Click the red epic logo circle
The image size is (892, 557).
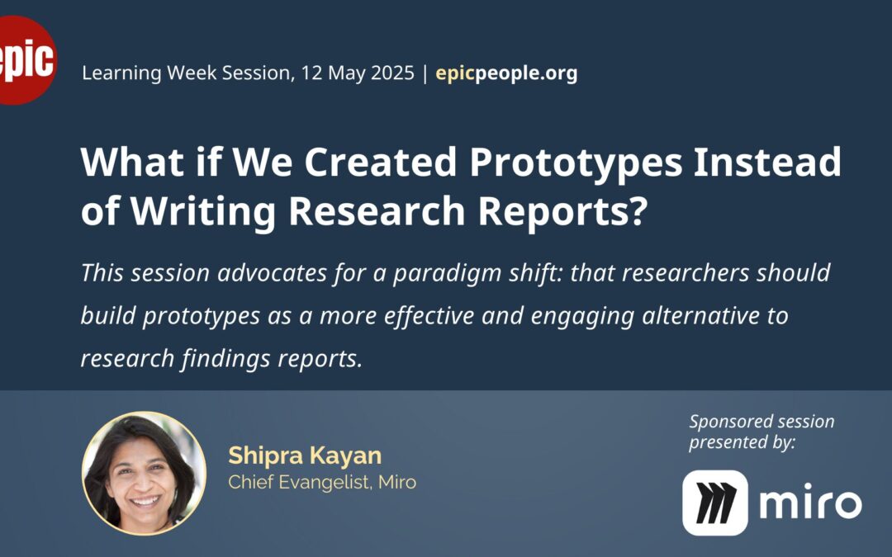point(25,59)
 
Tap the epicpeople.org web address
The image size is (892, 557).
point(506,73)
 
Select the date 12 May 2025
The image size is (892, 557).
point(358,73)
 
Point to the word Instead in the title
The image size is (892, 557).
point(766,162)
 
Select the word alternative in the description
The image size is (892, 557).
point(700,315)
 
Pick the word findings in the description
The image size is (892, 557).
point(225,359)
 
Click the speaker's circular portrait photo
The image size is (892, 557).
point(144,473)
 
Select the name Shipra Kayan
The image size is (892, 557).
point(305,456)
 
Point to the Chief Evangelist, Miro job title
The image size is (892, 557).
point(322,483)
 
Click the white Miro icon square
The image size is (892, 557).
point(715,503)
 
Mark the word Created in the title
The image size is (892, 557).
point(381,162)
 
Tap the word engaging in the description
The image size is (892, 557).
point(582,317)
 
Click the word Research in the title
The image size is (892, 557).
point(377,211)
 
